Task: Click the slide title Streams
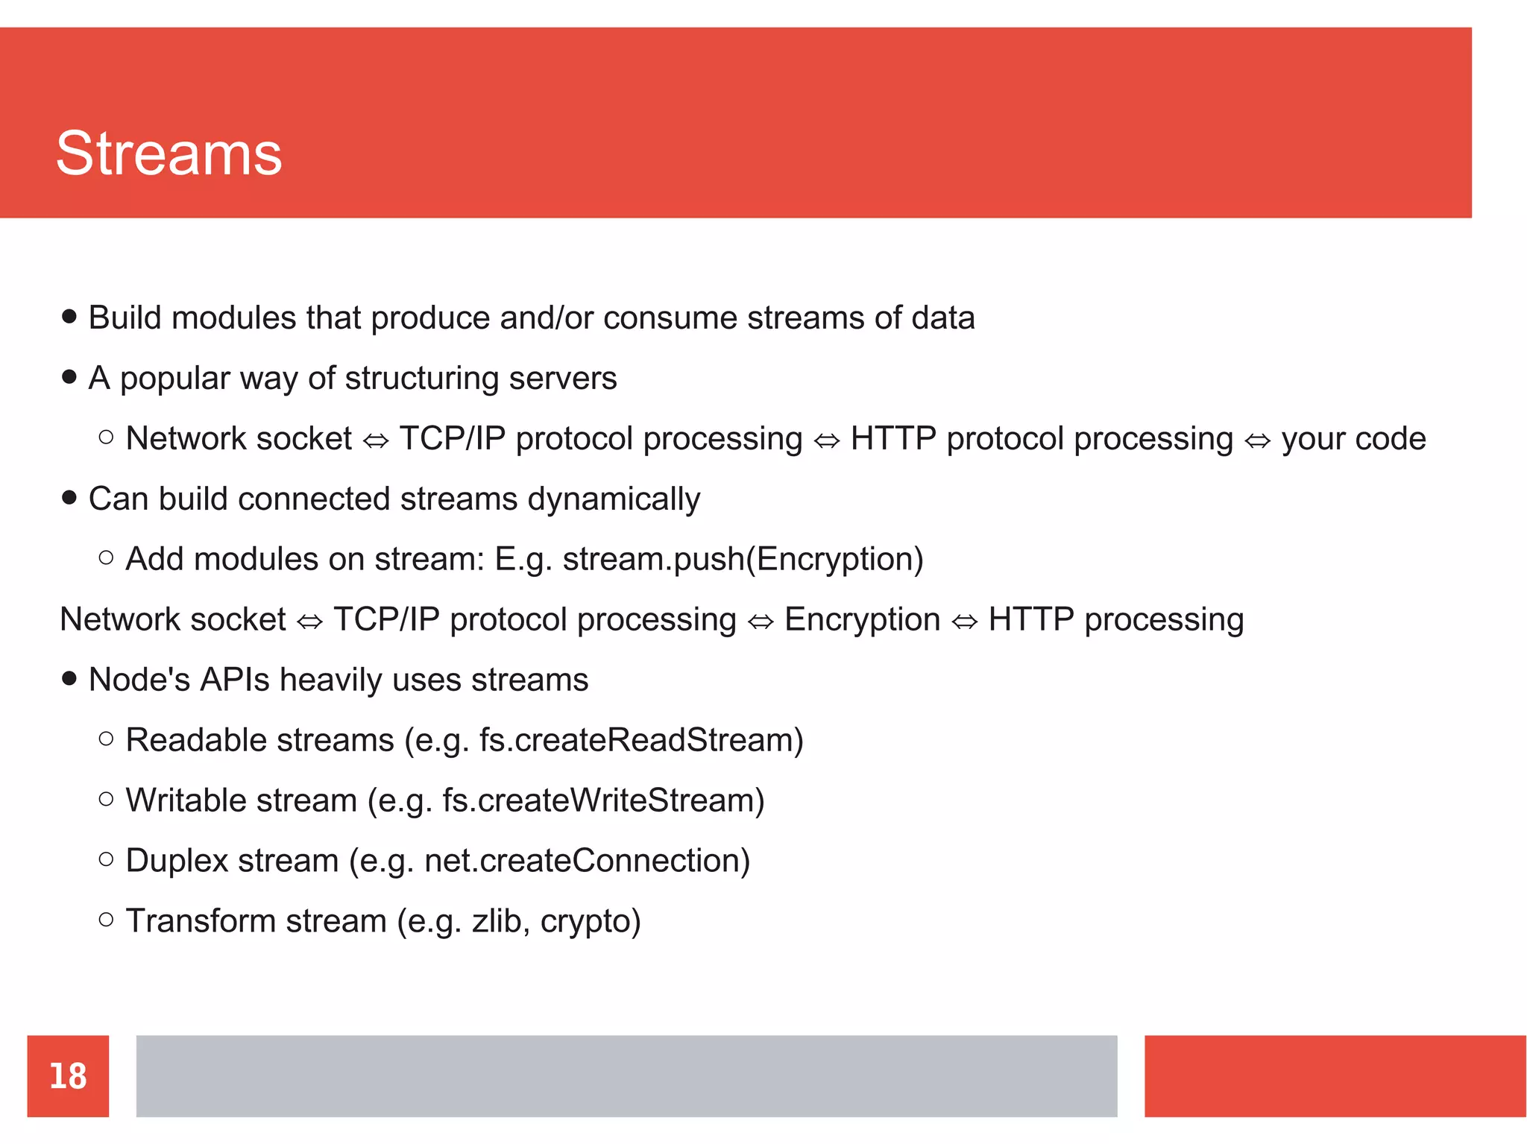click(169, 154)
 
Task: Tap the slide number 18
click(68, 1076)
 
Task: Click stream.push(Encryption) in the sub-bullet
click(743, 560)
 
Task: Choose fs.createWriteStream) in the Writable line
click(603, 801)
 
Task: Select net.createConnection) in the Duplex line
click(587, 862)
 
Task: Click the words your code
click(1353, 439)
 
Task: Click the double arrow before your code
click(1257, 441)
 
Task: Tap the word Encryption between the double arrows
click(862, 620)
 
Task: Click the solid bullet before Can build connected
click(69, 498)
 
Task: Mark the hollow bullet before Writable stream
click(106, 800)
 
